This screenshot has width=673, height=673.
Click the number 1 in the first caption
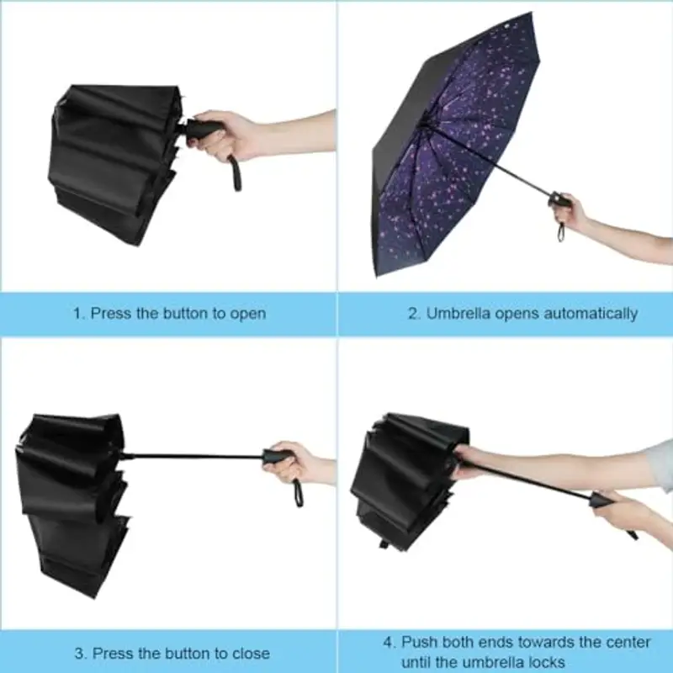[x=77, y=314]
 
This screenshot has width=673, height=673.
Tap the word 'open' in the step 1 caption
[x=247, y=314]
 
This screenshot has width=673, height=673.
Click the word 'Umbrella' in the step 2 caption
[x=459, y=314]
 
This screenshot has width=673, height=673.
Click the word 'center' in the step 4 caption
[x=604, y=642]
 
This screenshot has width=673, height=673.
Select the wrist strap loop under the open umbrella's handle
[x=560, y=229]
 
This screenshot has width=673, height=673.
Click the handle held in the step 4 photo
[x=604, y=502]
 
